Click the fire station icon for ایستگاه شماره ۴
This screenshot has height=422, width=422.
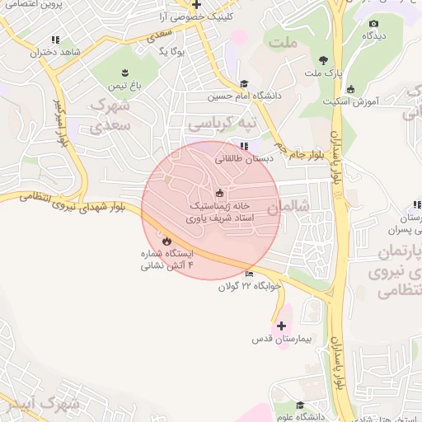click(166, 241)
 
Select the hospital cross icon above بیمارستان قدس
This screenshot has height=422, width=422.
click(282, 326)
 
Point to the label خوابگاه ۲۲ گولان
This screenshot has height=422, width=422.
click(250, 286)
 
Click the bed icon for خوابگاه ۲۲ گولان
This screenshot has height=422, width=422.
click(249, 274)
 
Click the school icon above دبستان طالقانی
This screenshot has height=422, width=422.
click(241, 146)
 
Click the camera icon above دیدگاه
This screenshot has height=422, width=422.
click(373, 24)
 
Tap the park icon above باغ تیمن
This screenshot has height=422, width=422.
click(124, 72)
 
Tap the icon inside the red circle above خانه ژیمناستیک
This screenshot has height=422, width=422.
click(218, 193)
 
